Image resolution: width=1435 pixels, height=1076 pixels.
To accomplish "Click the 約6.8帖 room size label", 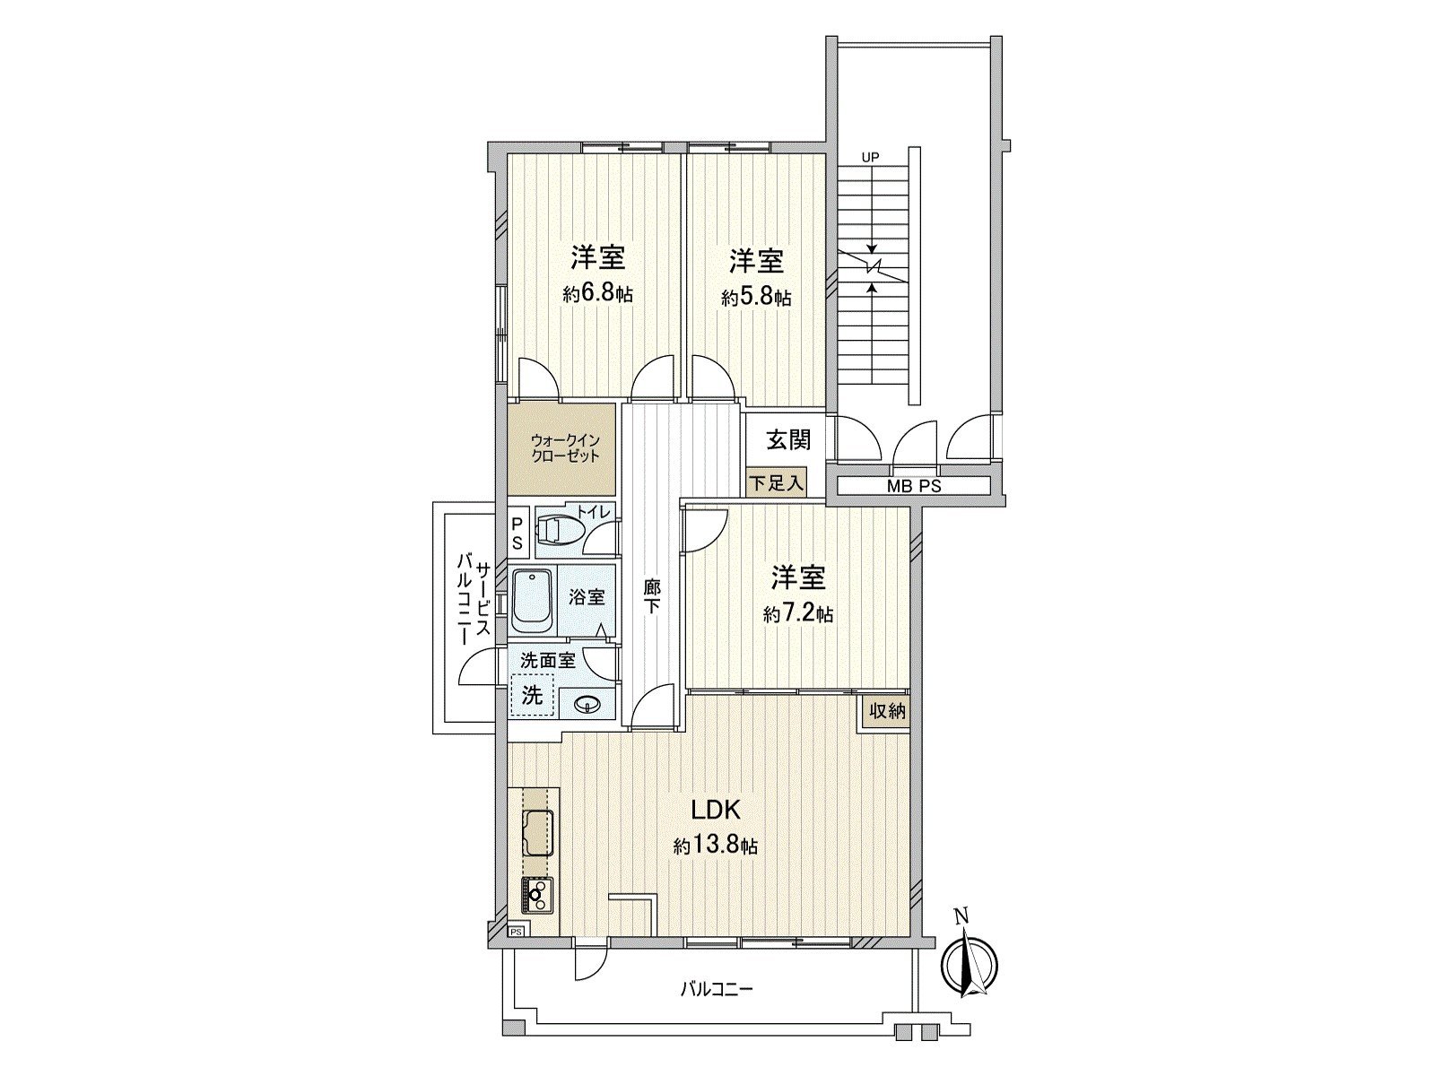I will click(597, 294).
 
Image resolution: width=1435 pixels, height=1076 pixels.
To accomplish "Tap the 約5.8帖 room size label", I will click(756, 298).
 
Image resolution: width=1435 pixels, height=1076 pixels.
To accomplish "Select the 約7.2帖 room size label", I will click(798, 614).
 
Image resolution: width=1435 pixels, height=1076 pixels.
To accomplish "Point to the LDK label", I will click(715, 811).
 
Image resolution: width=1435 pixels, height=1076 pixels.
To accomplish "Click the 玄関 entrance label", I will click(788, 439).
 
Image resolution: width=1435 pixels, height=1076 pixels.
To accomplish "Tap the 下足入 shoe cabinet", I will click(777, 483).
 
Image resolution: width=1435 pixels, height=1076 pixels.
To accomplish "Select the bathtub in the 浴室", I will click(534, 599).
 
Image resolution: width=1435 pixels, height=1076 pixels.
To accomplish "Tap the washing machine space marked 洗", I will click(533, 695).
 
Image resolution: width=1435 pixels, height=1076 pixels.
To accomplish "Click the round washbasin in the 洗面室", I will click(587, 704).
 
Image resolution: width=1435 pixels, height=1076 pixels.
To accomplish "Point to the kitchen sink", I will click(537, 833).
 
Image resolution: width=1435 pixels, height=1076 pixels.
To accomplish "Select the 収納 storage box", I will click(886, 712).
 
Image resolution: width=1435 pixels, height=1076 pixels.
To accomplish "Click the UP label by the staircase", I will click(870, 158).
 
